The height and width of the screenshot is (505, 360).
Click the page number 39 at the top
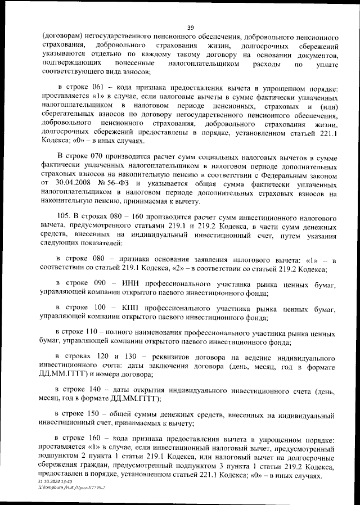click(x=191, y=26)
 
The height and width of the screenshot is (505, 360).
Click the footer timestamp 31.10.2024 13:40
click(x=58, y=482)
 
